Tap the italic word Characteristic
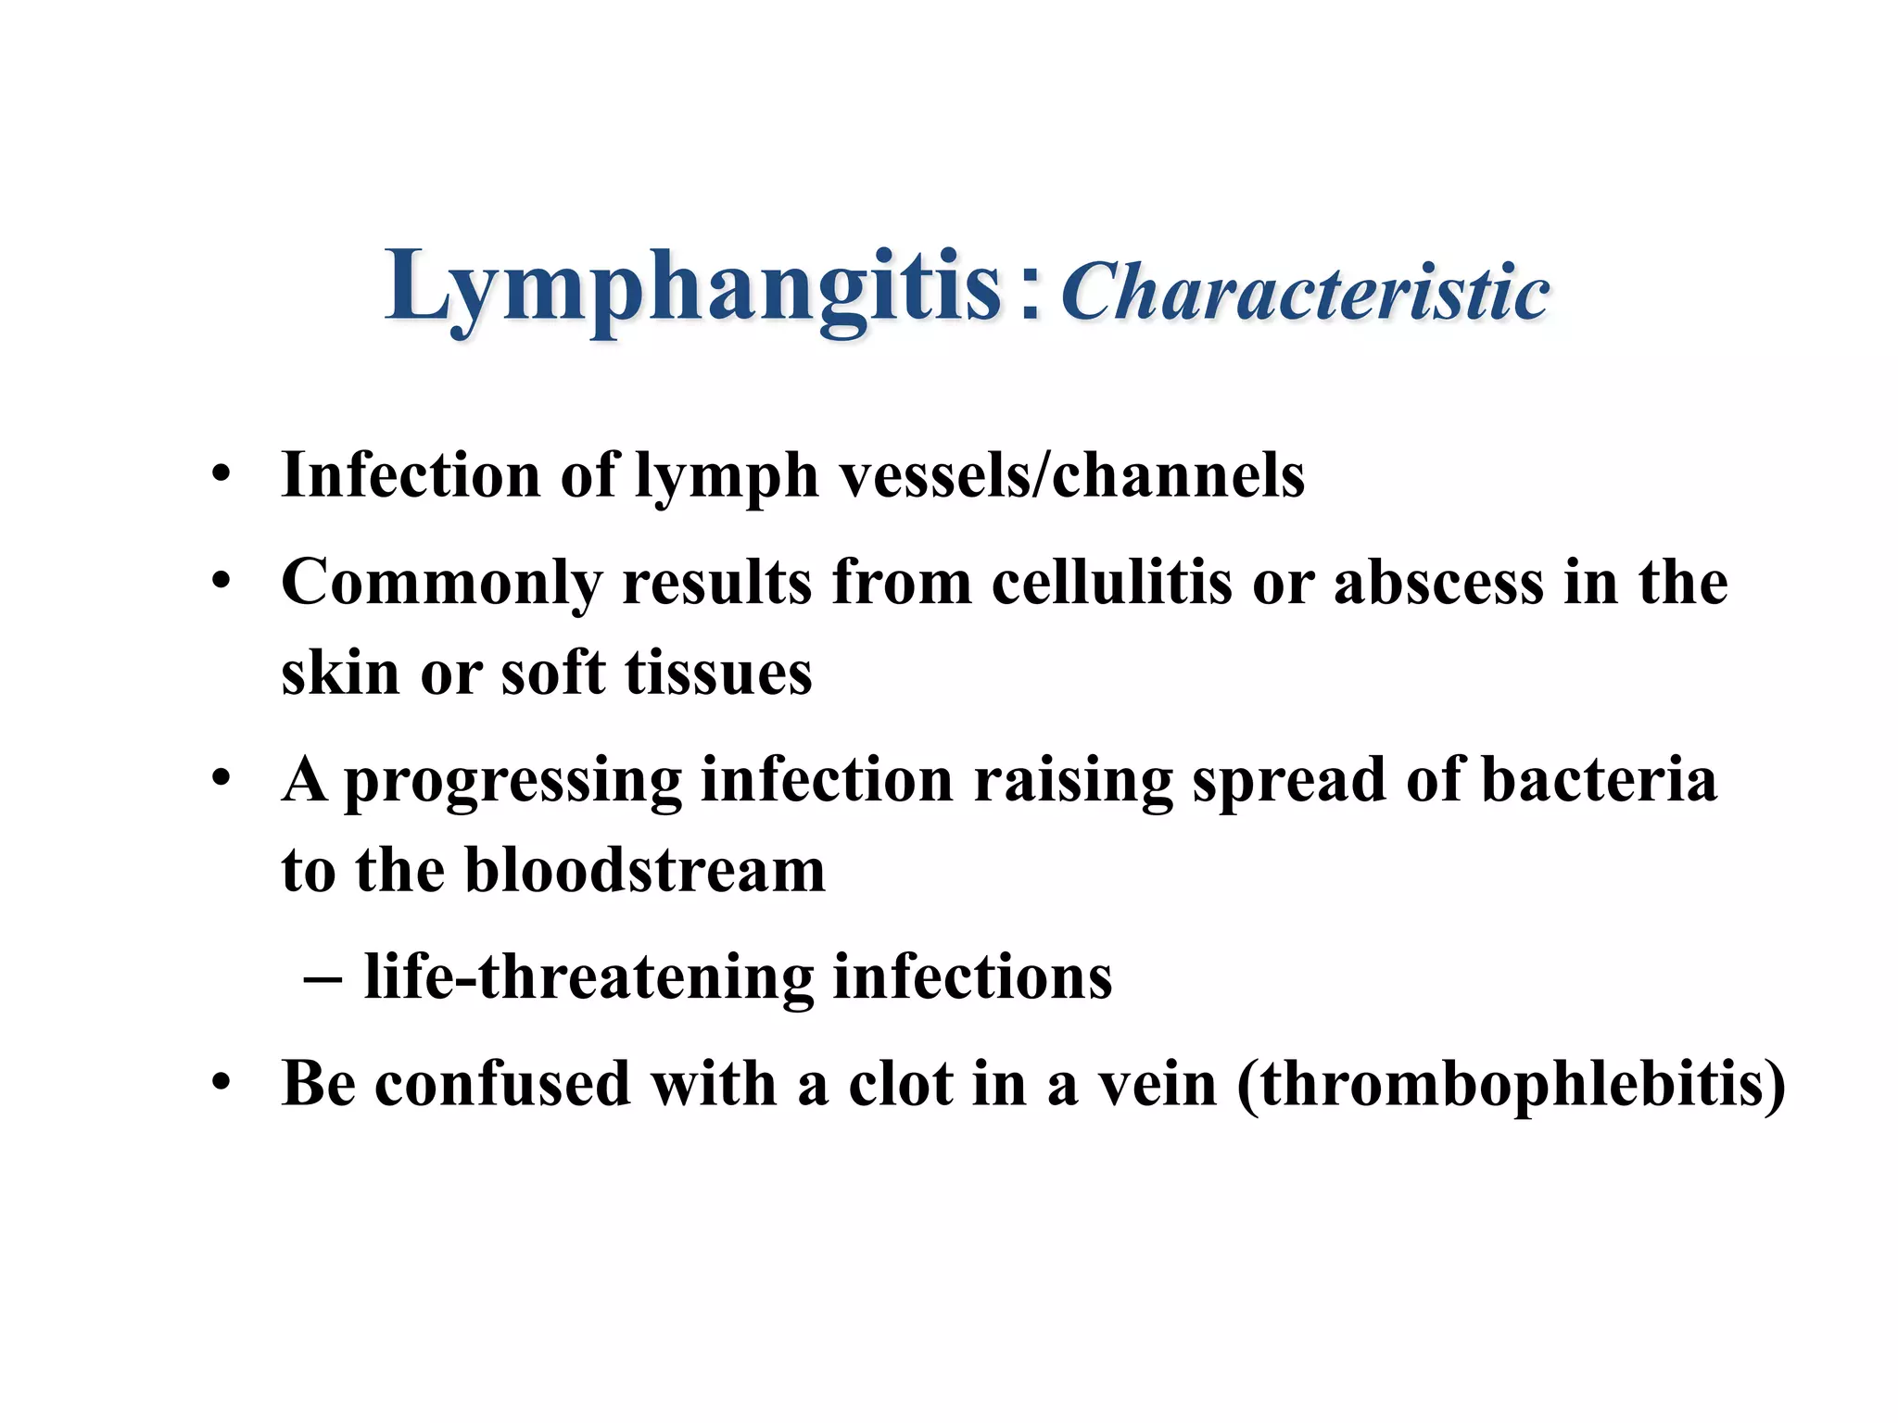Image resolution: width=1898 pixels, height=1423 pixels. [x=1305, y=293]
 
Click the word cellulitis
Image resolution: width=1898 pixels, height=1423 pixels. [x=1112, y=583]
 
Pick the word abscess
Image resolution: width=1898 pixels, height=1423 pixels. [x=1439, y=583]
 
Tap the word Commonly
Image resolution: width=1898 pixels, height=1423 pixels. [x=441, y=585]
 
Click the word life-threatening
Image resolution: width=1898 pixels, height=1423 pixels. [x=588, y=977]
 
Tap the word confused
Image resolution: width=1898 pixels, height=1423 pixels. [x=502, y=1083]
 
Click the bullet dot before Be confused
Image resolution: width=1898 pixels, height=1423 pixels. [x=221, y=1083]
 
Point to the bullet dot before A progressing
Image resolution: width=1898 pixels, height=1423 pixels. [x=221, y=779]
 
